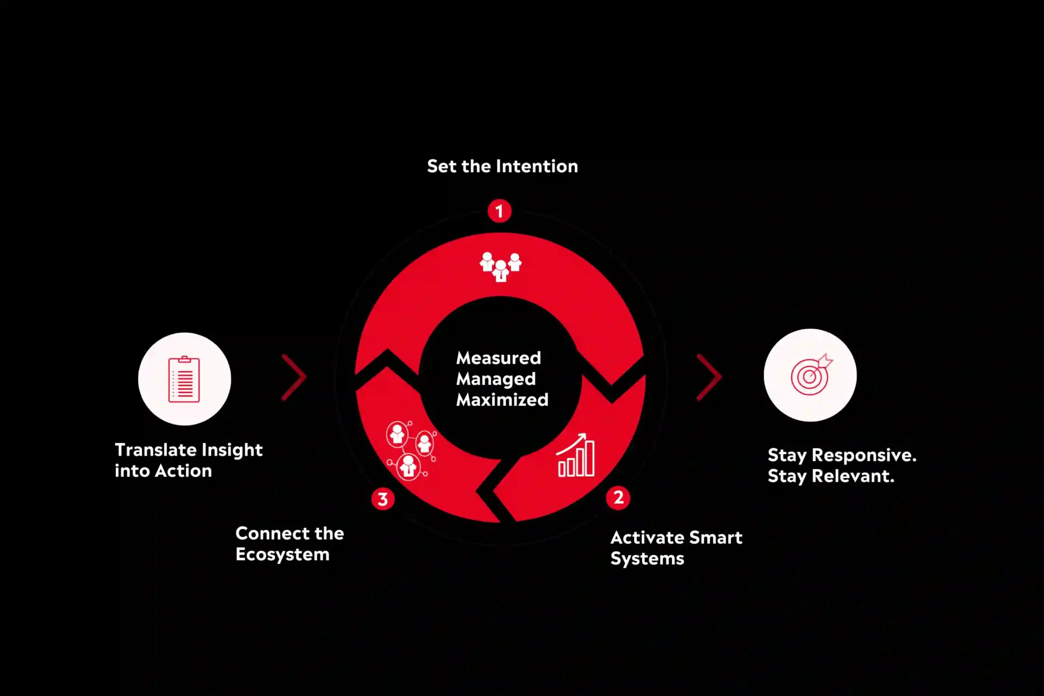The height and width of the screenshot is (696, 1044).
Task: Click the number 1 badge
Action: (x=499, y=211)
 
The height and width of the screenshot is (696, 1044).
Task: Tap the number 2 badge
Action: (x=618, y=498)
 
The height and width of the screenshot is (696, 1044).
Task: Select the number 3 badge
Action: (x=383, y=499)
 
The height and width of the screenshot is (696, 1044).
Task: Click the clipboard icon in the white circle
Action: (x=184, y=379)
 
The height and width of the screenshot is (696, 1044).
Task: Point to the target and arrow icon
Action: (x=811, y=374)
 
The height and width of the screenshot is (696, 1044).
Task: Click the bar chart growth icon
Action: (x=576, y=455)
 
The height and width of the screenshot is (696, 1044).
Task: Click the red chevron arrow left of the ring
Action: (x=294, y=377)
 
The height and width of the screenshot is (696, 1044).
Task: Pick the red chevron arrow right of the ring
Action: (x=709, y=377)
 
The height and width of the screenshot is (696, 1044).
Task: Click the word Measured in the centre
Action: (x=499, y=358)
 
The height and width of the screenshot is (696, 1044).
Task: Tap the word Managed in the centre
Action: (x=496, y=379)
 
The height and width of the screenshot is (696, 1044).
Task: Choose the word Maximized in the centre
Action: (x=502, y=400)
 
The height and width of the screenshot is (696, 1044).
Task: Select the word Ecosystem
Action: (x=282, y=555)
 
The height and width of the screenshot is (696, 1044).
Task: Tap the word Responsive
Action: (x=864, y=455)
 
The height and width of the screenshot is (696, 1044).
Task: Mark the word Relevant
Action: (x=853, y=476)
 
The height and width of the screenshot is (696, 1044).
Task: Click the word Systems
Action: (x=647, y=558)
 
